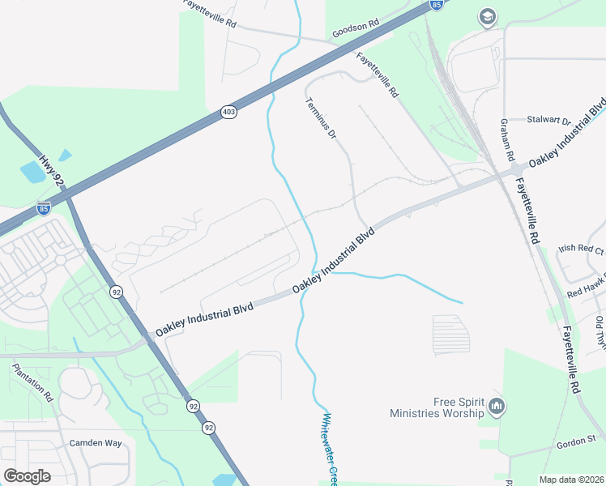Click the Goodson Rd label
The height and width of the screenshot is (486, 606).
356,29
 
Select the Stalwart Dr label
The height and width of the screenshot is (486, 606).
549,119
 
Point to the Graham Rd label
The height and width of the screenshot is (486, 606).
507,139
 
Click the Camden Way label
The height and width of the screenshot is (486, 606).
95,443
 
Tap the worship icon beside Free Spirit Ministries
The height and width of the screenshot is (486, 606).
497,405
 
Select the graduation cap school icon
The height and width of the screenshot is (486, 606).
487,16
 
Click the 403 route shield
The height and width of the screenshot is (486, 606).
229,113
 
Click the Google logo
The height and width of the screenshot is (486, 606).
27,476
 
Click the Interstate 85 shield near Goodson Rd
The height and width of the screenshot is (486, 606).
437,5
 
